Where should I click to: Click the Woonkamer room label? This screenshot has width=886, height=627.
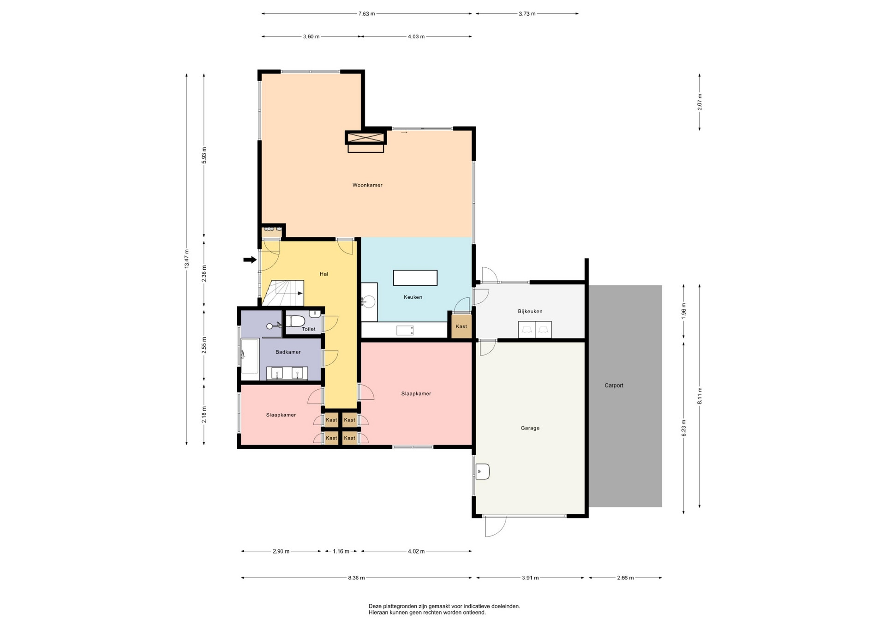pos(367,185)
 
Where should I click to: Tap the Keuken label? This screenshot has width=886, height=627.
pos(413,297)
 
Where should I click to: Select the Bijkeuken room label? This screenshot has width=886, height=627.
pos(530,312)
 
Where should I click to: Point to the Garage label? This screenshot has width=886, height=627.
pos(530,428)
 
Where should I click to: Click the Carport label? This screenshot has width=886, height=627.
pos(614,386)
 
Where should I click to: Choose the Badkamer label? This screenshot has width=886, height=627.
pos(288,352)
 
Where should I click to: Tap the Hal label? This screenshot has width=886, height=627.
pos(324,274)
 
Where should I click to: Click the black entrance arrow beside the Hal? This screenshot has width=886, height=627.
pos(250,260)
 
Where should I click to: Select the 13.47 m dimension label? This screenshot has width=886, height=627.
pos(186,259)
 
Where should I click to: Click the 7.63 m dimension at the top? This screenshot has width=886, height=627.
pos(367,14)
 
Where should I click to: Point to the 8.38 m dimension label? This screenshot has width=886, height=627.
pos(356,578)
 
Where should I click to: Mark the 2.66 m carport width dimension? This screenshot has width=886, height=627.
pos(625,578)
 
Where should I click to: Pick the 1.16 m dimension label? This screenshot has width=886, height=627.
pos(341,551)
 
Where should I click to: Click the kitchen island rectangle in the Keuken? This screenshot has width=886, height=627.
pos(415,278)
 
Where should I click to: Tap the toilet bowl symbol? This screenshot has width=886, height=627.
pos(295,321)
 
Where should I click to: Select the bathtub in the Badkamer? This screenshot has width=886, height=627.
pos(250,356)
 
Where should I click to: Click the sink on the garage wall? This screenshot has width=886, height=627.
pos(483,471)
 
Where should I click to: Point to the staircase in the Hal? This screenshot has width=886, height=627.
pos(283,293)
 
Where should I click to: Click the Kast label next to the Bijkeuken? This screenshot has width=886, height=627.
pos(461,326)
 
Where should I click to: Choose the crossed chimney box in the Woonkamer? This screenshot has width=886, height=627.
pos(365,138)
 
